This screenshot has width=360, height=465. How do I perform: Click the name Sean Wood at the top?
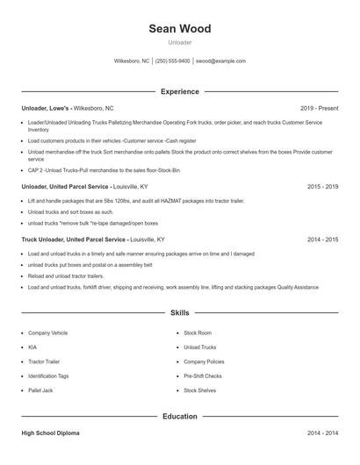coord(180,29)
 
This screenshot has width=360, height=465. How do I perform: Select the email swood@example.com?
coord(220,61)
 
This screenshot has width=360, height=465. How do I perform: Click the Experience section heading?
coord(180,91)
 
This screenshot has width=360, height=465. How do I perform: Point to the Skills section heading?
coord(180,312)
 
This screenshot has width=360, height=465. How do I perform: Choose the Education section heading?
coord(180,417)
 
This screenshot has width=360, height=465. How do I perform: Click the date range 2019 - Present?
coord(319,108)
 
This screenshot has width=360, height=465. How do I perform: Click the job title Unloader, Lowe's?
coord(46,108)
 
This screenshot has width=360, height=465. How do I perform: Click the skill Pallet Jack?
coord(41,390)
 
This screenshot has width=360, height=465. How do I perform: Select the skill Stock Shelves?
coord(200,390)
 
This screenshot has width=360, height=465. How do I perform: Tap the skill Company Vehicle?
coord(48,333)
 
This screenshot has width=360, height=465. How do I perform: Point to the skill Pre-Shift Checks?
coord(203,376)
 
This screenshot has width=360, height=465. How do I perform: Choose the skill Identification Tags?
coord(49,376)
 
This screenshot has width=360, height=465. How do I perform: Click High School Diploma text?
coord(52,433)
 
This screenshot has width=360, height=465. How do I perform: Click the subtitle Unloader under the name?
coord(180,42)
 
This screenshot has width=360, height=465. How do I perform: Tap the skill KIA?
coord(32,347)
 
